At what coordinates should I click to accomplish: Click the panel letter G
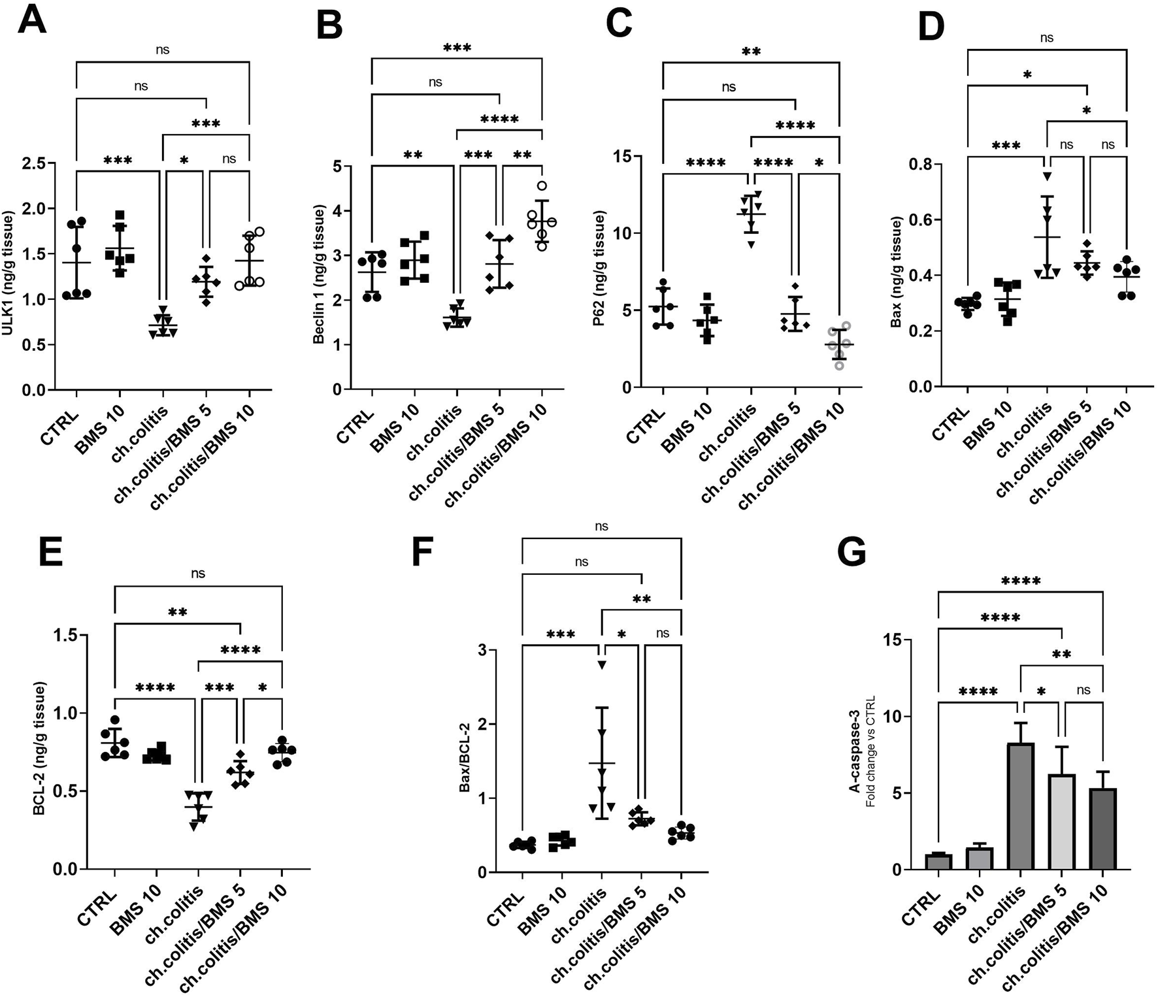852,552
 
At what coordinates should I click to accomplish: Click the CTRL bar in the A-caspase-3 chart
938,861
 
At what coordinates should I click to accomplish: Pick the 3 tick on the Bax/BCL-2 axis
499,650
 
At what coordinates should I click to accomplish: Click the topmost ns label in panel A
163,49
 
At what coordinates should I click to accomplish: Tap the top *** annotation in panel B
457,48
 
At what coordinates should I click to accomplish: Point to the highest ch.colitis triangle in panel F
602,665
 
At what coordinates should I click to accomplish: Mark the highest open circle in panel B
542,186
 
